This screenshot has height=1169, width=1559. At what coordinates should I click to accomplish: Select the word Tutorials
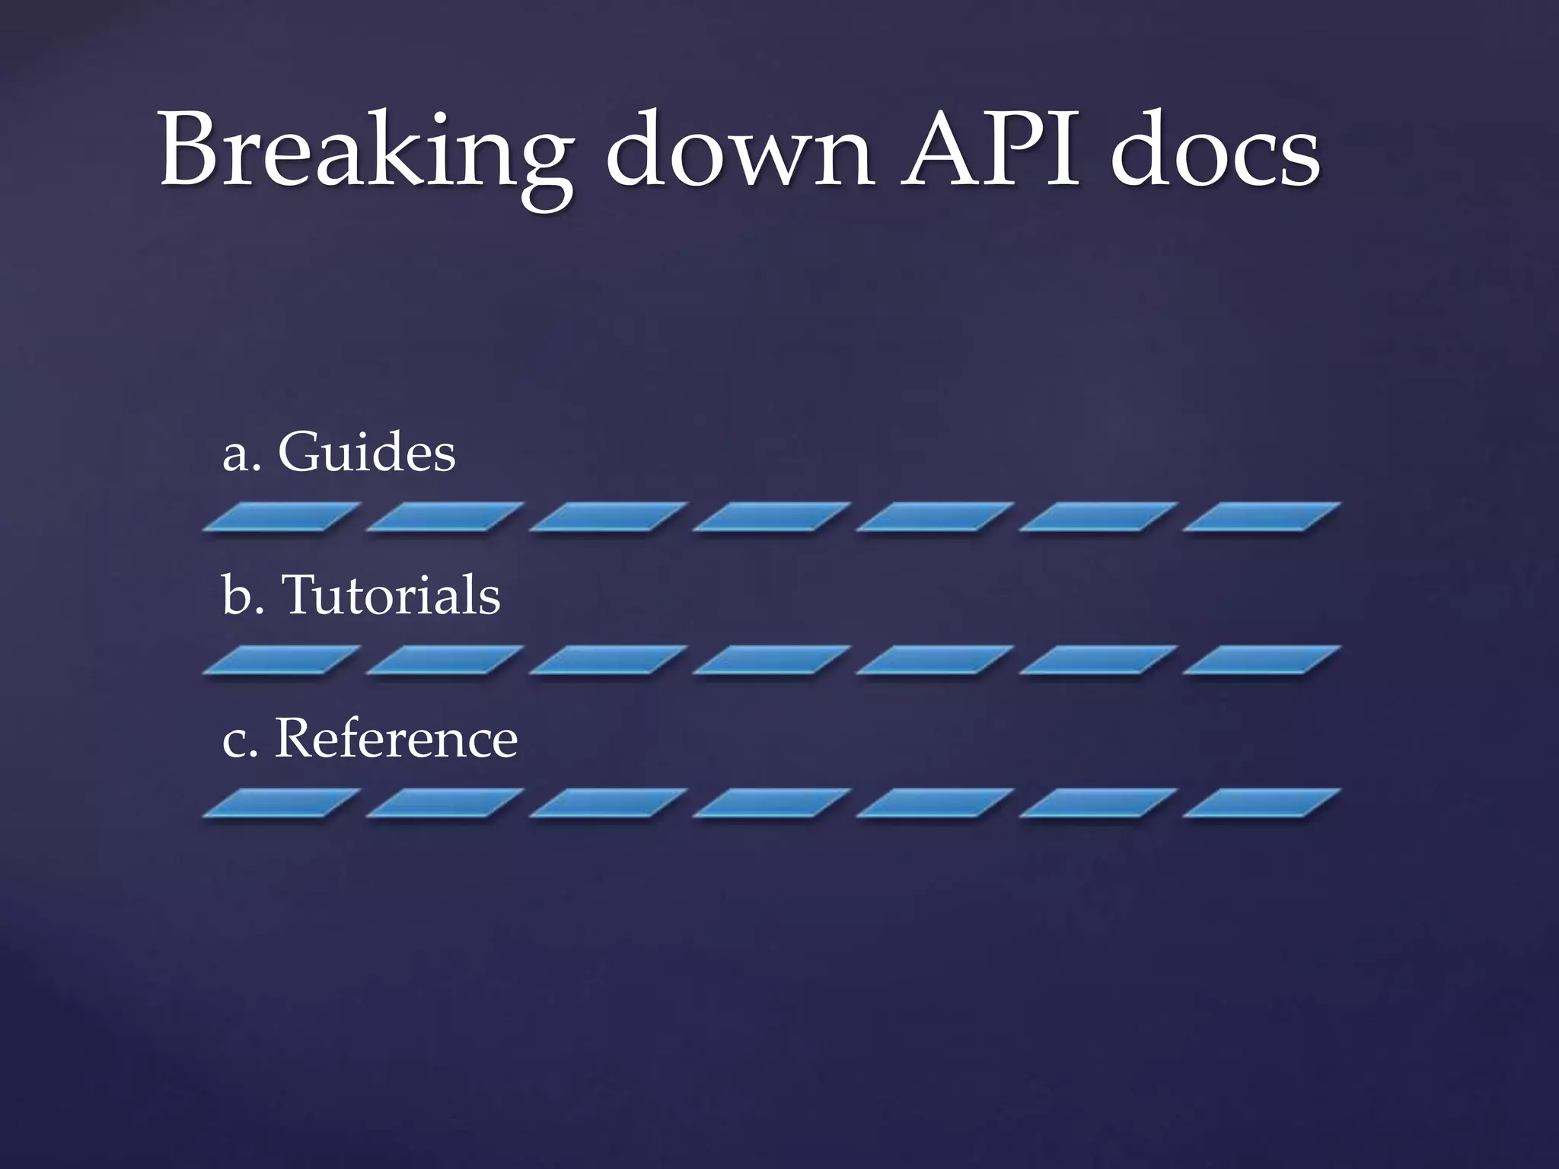pyautogui.click(x=391, y=595)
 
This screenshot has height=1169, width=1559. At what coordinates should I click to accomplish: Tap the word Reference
pyautogui.click(x=396, y=738)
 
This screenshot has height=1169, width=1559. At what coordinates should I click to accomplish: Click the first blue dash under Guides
pyautogui.click(x=282, y=517)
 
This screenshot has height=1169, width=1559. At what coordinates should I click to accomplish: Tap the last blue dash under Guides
pyautogui.click(x=1261, y=517)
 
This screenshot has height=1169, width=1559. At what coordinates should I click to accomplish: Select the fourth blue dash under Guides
pyautogui.click(x=771, y=517)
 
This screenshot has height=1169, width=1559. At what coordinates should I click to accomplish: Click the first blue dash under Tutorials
pyautogui.click(x=282, y=659)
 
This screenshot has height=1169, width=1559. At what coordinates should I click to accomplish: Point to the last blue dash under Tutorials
pyautogui.click(x=1261, y=659)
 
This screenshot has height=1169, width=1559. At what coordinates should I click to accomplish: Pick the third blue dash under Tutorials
pyautogui.click(x=608, y=659)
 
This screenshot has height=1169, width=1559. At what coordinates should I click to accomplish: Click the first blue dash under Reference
pyautogui.click(x=282, y=803)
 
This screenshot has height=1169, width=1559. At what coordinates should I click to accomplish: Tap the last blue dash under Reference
pyautogui.click(x=1261, y=803)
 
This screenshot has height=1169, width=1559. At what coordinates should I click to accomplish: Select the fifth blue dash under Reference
pyautogui.click(x=935, y=803)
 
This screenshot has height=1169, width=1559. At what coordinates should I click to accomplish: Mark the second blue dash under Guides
pyautogui.click(x=445, y=517)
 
